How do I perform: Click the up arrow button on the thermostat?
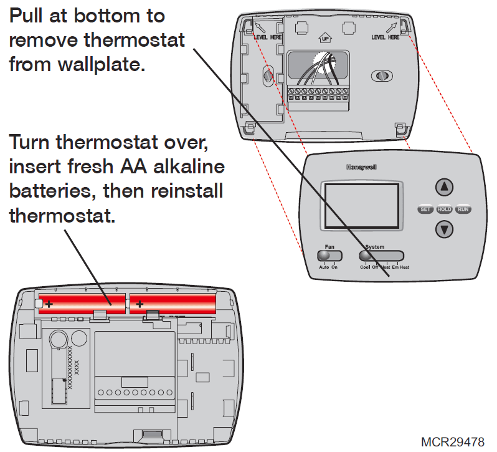point(443,187)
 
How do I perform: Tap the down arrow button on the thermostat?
point(443,229)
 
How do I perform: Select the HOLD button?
point(444,209)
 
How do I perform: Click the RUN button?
point(463,209)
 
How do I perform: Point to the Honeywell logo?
point(361,167)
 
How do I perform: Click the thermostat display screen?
point(359,205)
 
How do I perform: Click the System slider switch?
point(382,256)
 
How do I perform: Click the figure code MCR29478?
point(452,441)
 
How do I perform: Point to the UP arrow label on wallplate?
point(324,39)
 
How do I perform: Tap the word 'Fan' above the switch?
point(329,247)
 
